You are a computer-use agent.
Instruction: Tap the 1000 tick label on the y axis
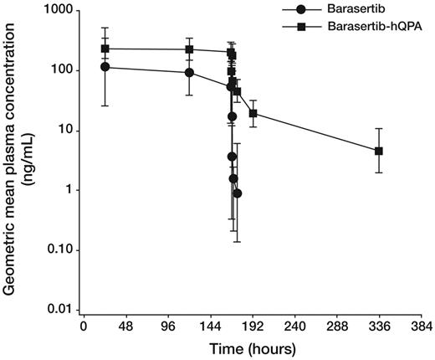click(x=56, y=11)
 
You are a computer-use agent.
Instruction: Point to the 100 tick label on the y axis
click(x=59, y=70)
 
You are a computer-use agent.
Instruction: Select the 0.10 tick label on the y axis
click(x=58, y=250)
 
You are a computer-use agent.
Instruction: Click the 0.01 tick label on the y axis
click(x=58, y=310)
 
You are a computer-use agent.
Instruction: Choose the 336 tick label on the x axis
click(x=379, y=327)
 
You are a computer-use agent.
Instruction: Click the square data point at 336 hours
click(x=379, y=151)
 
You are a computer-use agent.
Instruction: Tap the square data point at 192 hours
click(x=253, y=113)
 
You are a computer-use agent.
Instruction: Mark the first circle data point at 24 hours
click(x=105, y=67)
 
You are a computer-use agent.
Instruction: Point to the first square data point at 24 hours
click(x=105, y=49)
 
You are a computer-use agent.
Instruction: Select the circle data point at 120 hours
click(x=189, y=72)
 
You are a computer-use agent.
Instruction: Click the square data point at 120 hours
click(x=189, y=49)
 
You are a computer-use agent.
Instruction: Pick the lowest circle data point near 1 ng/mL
click(x=238, y=193)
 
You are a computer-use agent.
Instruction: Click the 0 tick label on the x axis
click(x=83, y=327)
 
